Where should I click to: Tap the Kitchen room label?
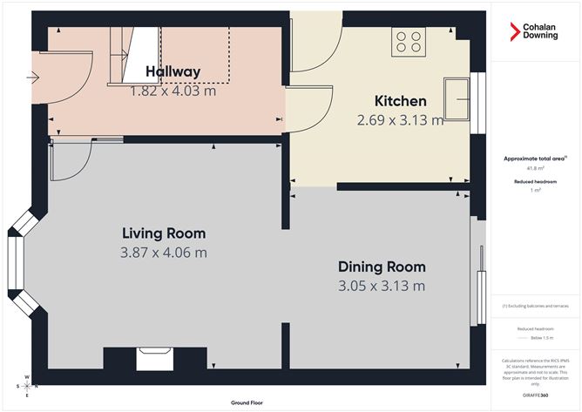point(400,101)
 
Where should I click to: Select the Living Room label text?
point(164,233)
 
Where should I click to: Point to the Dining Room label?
point(382,267)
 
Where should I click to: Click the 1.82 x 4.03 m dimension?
point(173,91)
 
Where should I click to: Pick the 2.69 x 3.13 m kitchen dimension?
point(400,120)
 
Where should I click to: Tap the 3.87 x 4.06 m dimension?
point(164,253)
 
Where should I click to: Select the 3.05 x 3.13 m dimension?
point(382,286)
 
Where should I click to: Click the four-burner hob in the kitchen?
point(409,41)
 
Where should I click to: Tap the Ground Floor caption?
point(248,402)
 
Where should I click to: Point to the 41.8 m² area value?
point(535,169)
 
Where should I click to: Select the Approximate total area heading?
point(535,159)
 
